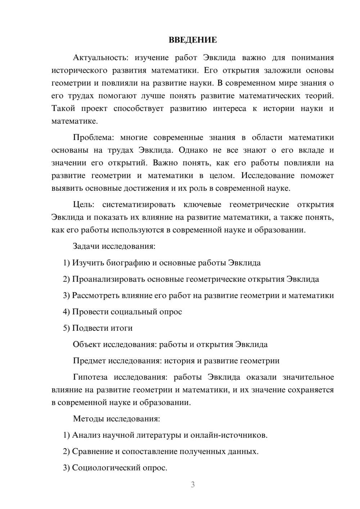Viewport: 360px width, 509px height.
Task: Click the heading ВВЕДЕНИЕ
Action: pos(193,40)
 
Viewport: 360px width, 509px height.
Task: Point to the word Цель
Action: pos(84,205)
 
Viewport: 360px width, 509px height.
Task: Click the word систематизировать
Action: pos(139,205)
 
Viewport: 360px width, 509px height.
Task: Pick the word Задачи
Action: pos(86,247)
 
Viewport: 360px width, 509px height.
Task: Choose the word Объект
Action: pos(87,344)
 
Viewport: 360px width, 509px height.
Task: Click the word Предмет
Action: pos(89,361)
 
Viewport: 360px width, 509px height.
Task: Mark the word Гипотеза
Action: pos(90,377)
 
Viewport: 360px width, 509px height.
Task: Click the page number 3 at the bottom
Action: pos(193,485)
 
